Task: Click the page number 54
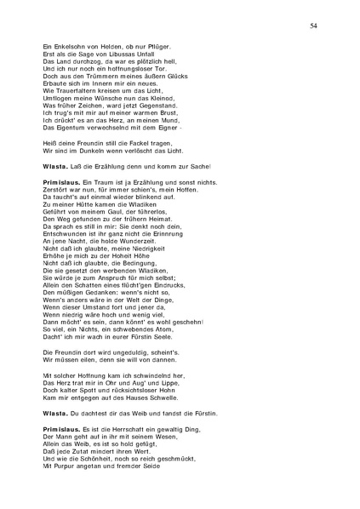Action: (314, 27)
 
